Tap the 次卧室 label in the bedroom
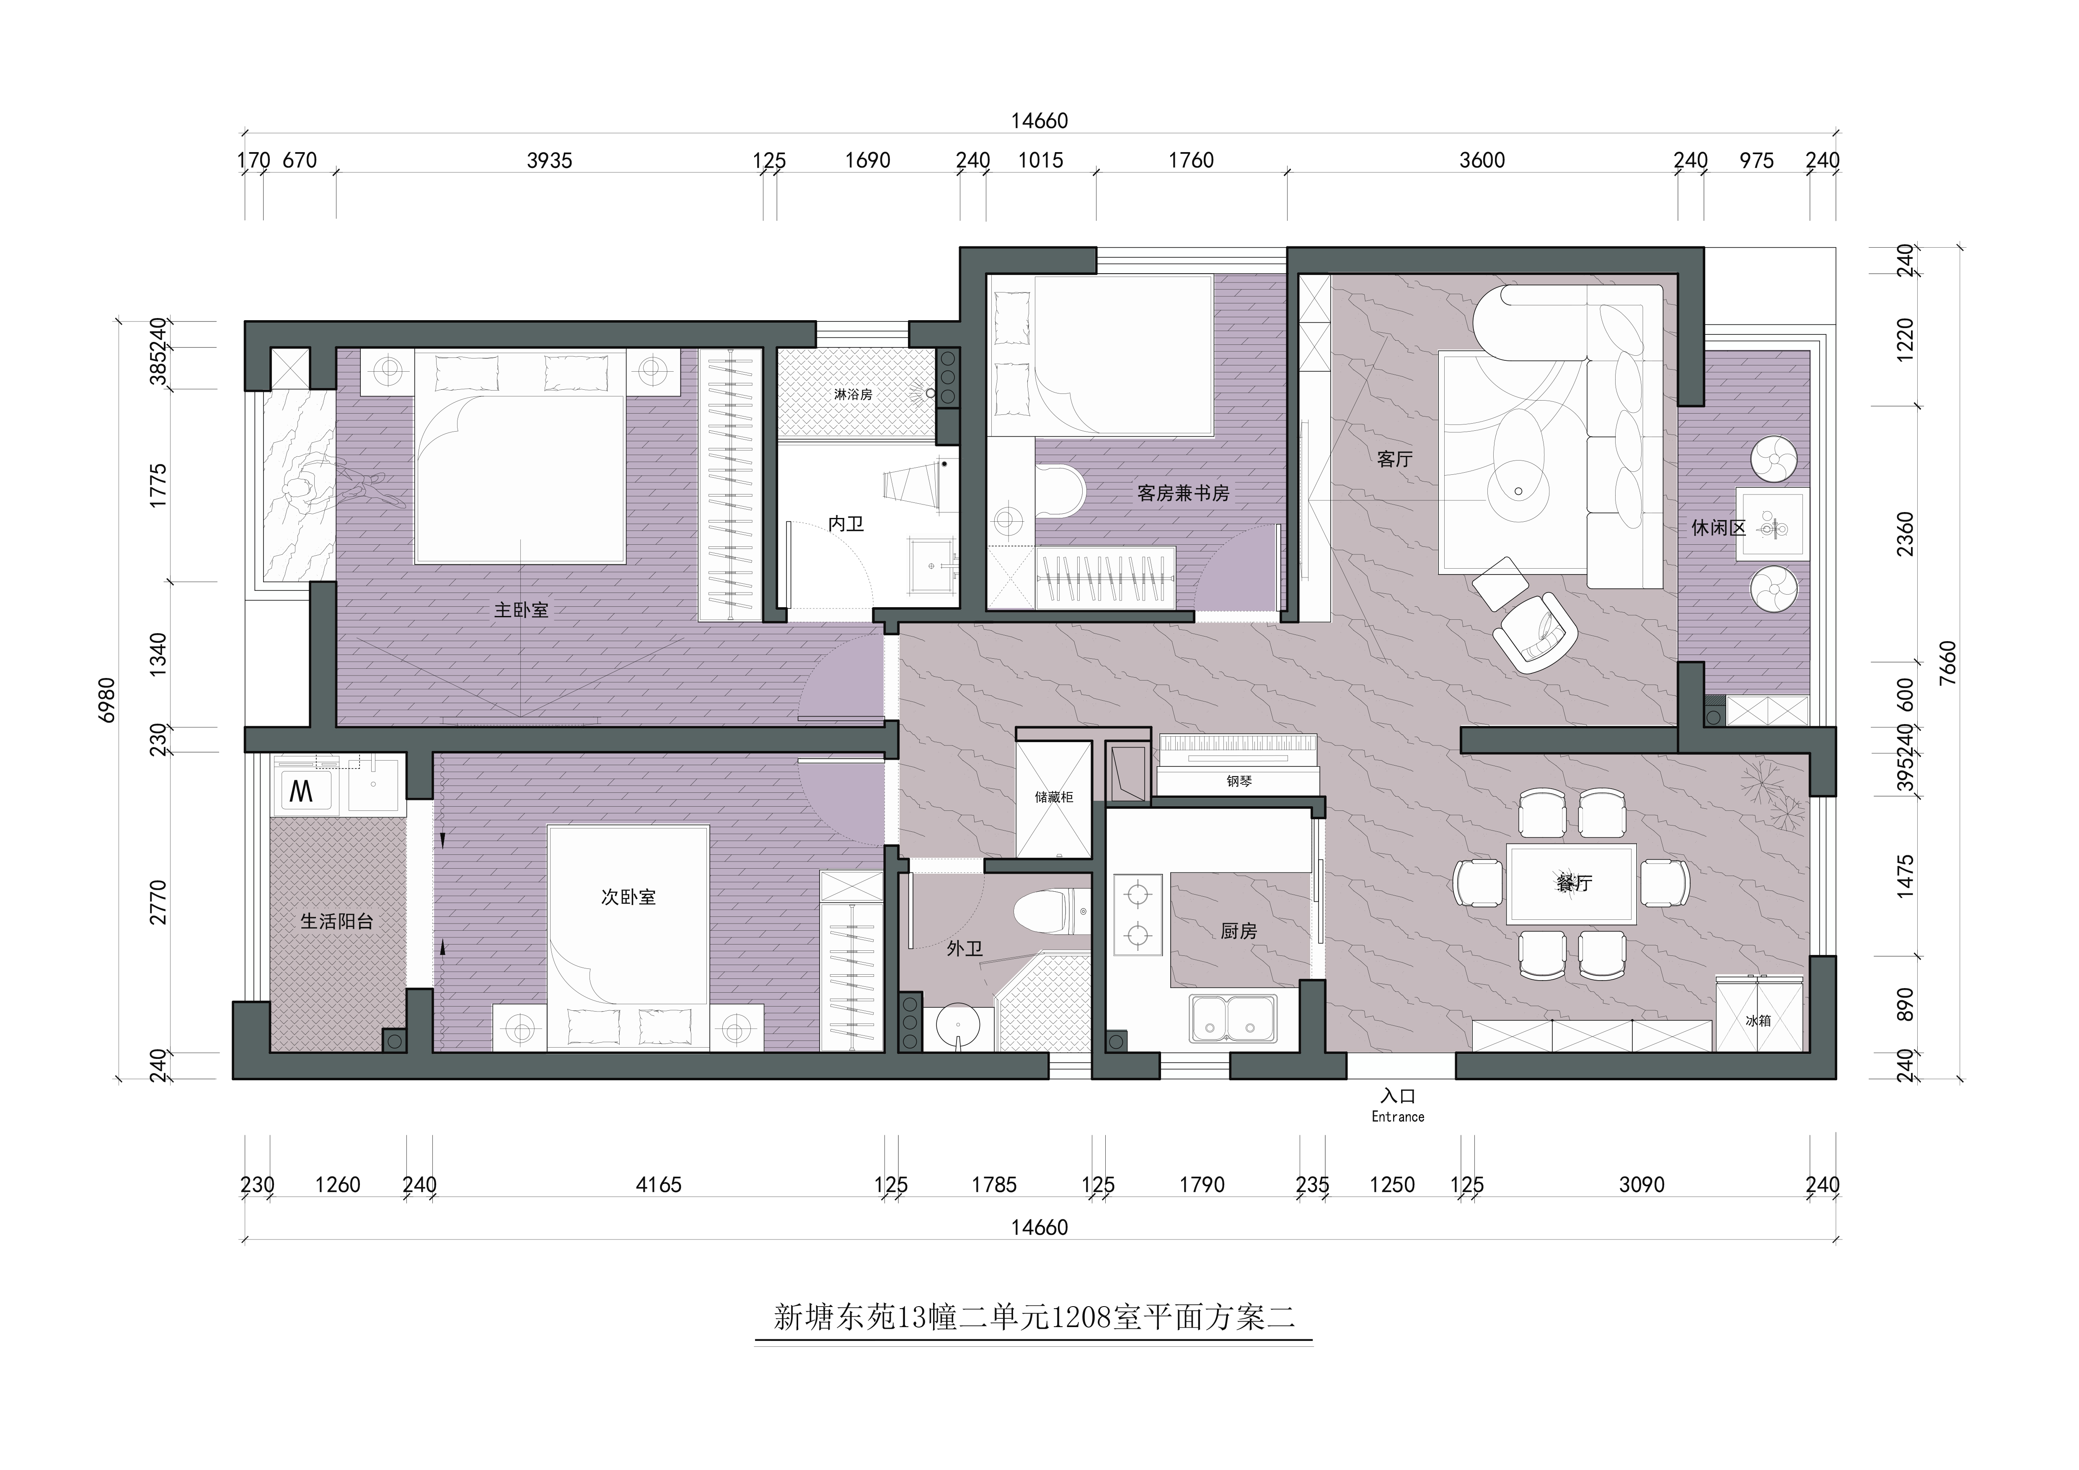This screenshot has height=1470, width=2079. [x=628, y=897]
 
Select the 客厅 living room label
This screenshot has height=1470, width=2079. [x=1394, y=459]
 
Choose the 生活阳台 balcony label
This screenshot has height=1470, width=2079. [x=337, y=921]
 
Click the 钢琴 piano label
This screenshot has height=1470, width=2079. [x=1239, y=781]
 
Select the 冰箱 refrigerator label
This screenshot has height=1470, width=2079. [x=1758, y=1020]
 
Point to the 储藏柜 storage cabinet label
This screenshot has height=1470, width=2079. [x=1054, y=797]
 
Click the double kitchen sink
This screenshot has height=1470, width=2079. [x=1233, y=1019]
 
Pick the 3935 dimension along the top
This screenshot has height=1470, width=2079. [x=550, y=160]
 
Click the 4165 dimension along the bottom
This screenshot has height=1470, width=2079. [x=658, y=1185]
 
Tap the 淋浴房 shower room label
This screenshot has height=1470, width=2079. [x=853, y=395]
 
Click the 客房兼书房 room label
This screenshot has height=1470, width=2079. [x=1184, y=494]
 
